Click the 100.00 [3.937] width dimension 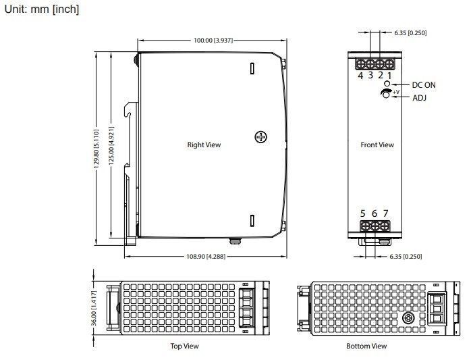point(213,41)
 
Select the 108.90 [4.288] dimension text point(206,257)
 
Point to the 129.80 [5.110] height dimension point(96,151)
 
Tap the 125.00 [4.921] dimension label point(111,146)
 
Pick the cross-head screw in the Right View point(260,137)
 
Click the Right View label point(204,145)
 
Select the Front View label point(377,145)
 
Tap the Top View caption point(184,346)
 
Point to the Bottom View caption point(366,346)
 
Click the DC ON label point(424,85)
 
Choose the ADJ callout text point(419,98)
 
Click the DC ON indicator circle point(387,83)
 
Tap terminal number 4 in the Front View point(360,76)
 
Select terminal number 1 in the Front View point(389,76)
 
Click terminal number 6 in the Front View point(375,213)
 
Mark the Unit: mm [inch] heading point(42,9)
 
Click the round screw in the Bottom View point(408,318)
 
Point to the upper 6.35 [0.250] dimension point(410,33)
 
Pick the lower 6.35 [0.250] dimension point(406,257)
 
